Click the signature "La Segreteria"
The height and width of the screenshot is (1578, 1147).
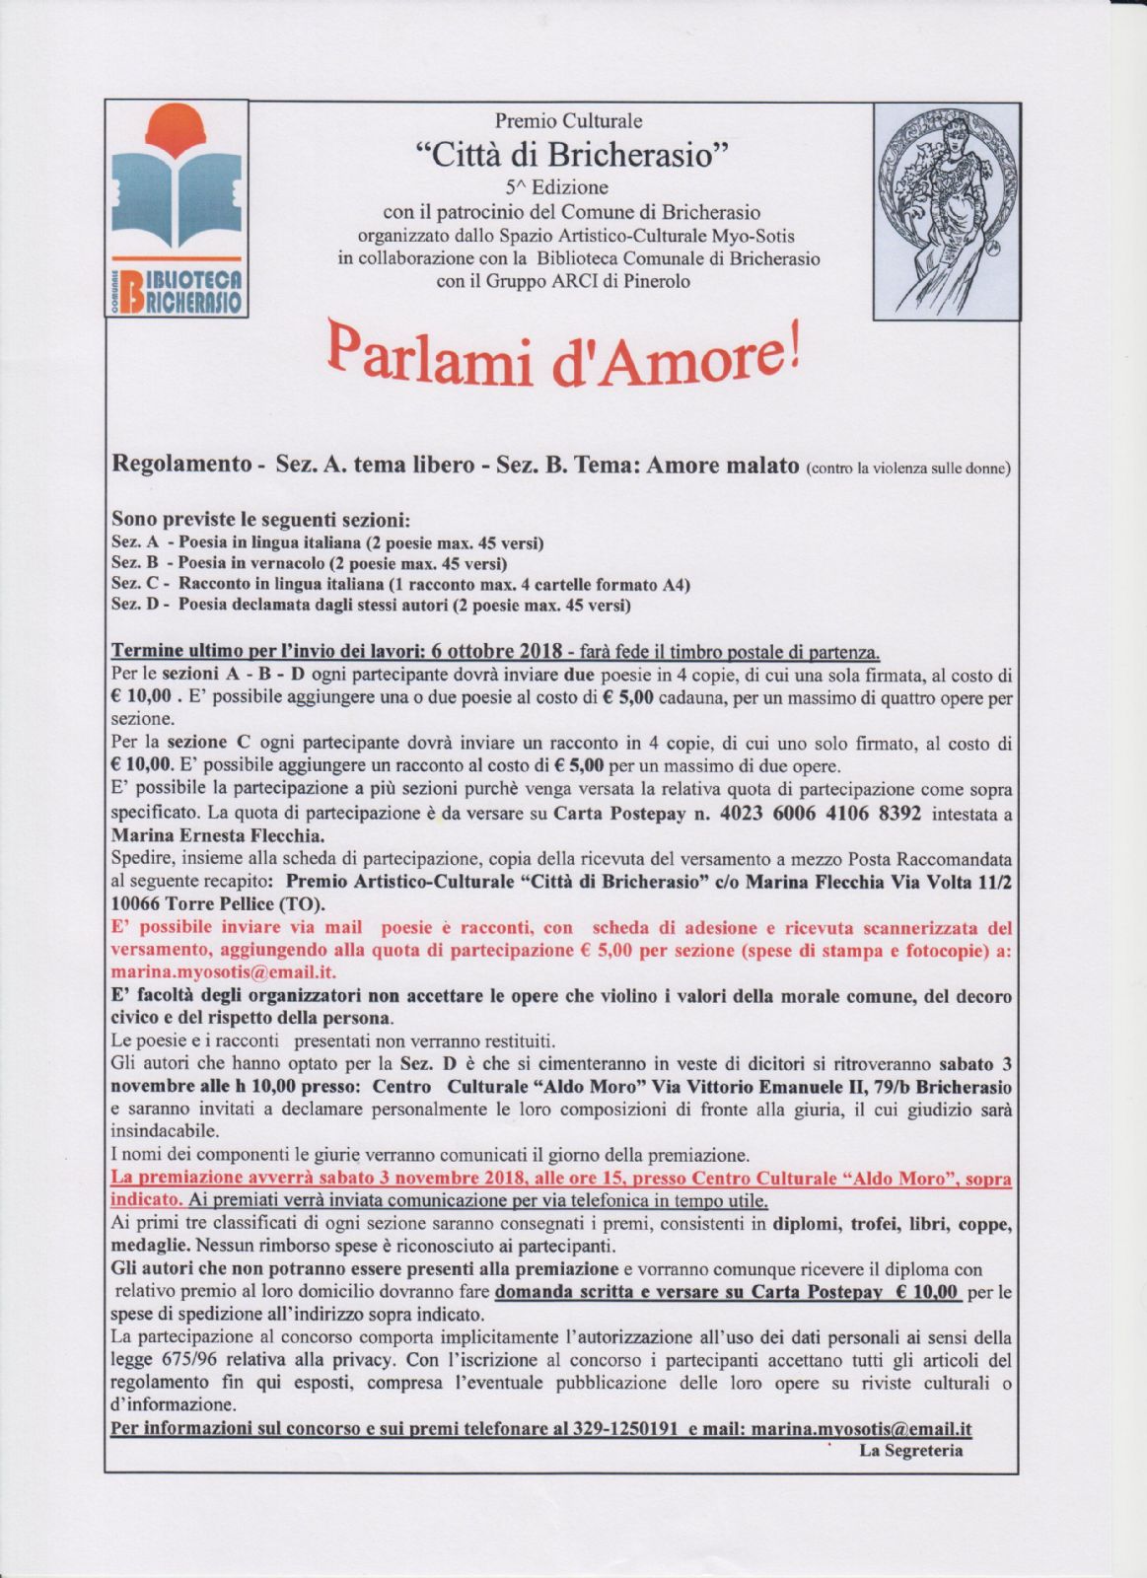point(910,1450)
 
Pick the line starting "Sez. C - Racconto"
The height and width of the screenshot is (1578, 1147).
point(400,585)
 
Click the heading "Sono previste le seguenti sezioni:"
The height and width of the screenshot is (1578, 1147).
point(261,519)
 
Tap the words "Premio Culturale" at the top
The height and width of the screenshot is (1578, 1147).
point(568,120)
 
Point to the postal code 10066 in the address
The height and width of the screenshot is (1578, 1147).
point(137,903)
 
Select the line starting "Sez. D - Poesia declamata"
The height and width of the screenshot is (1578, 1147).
point(371,605)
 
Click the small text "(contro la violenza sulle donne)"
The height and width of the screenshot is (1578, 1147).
point(907,467)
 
